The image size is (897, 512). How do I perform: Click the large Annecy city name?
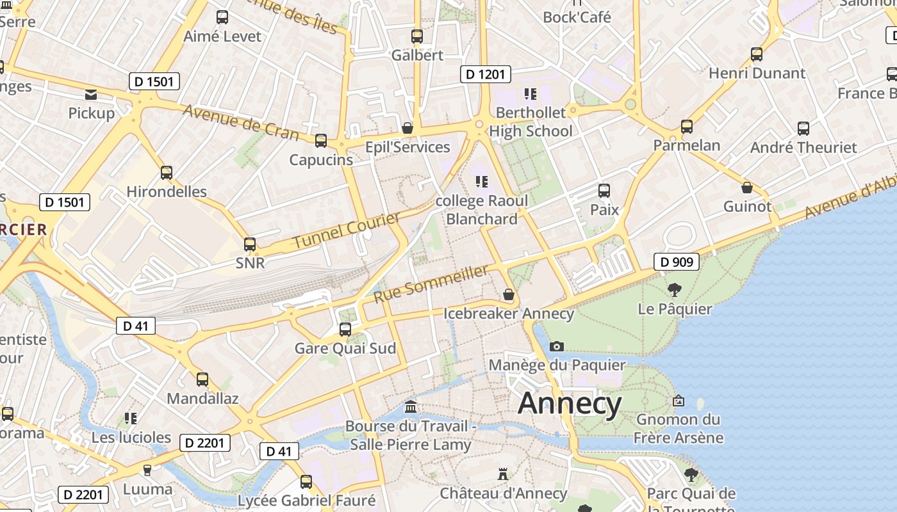(x=570, y=404)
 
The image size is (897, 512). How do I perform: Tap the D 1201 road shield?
(x=485, y=74)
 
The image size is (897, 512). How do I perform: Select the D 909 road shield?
(x=677, y=261)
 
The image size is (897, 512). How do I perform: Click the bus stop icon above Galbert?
(x=417, y=36)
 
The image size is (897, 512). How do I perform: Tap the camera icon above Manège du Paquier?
(x=557, y=346)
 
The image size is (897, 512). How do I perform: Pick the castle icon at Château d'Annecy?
(x=503, y=474)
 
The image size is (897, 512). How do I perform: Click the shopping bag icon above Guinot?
(x=747, y=188)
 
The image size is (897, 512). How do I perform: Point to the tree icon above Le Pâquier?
(x=674, y=290)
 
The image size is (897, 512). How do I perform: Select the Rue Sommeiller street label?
(x=431, y=285)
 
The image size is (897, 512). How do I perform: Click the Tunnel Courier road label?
(x=346, y=232)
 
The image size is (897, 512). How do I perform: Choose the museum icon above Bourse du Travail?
(x=411, y=407)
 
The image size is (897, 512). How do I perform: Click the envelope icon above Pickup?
(x=91, y=95)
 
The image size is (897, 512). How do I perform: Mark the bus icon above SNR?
(x=250, y=244)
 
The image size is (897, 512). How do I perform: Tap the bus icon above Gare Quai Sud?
(x=345, y=330)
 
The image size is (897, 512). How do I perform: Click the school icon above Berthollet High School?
(x=530, y=94)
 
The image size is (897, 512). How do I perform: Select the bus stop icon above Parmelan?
(x=687, y=127)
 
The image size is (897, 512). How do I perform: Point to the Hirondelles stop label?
(x=167, y=191)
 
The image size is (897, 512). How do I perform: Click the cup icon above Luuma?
(x=147, y=470)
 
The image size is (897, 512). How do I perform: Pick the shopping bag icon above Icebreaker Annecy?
(x=509, y=294)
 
